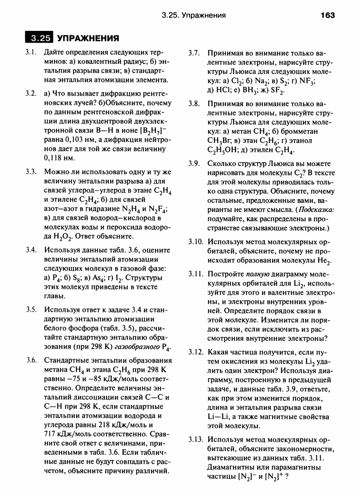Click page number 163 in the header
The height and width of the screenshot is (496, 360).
click(x=327, y=15)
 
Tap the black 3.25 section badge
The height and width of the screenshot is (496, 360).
click(x=39, y=38)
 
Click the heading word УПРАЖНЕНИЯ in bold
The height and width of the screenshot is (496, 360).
click(x=88, y=38)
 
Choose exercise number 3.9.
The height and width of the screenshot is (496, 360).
click(x=194, y=164)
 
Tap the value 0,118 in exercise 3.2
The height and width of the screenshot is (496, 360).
click(x=54, y=158)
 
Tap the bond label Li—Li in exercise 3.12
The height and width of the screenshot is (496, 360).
click(x=219, y=417)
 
